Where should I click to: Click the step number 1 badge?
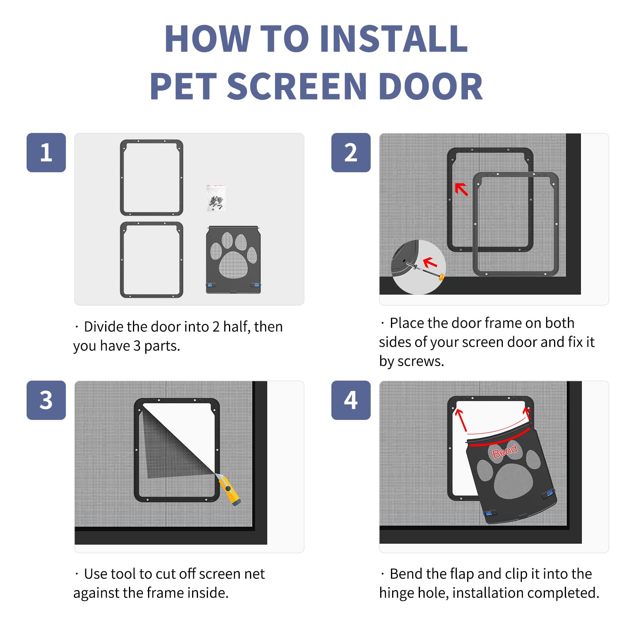(x=46, y=152)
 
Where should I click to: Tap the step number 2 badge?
(x=351, y=152)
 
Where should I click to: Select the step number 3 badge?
(x=46, y=400)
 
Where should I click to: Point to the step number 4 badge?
(x=351, y=400)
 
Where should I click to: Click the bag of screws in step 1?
(x=216, y=198)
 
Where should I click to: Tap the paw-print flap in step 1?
(x=233, y=260)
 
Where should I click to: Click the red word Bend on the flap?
(x=505, y=452)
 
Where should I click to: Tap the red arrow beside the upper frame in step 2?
(x=461, y=189)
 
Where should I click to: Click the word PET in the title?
(x=183, y=87)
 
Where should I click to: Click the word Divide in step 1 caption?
(x=104, y=327)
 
